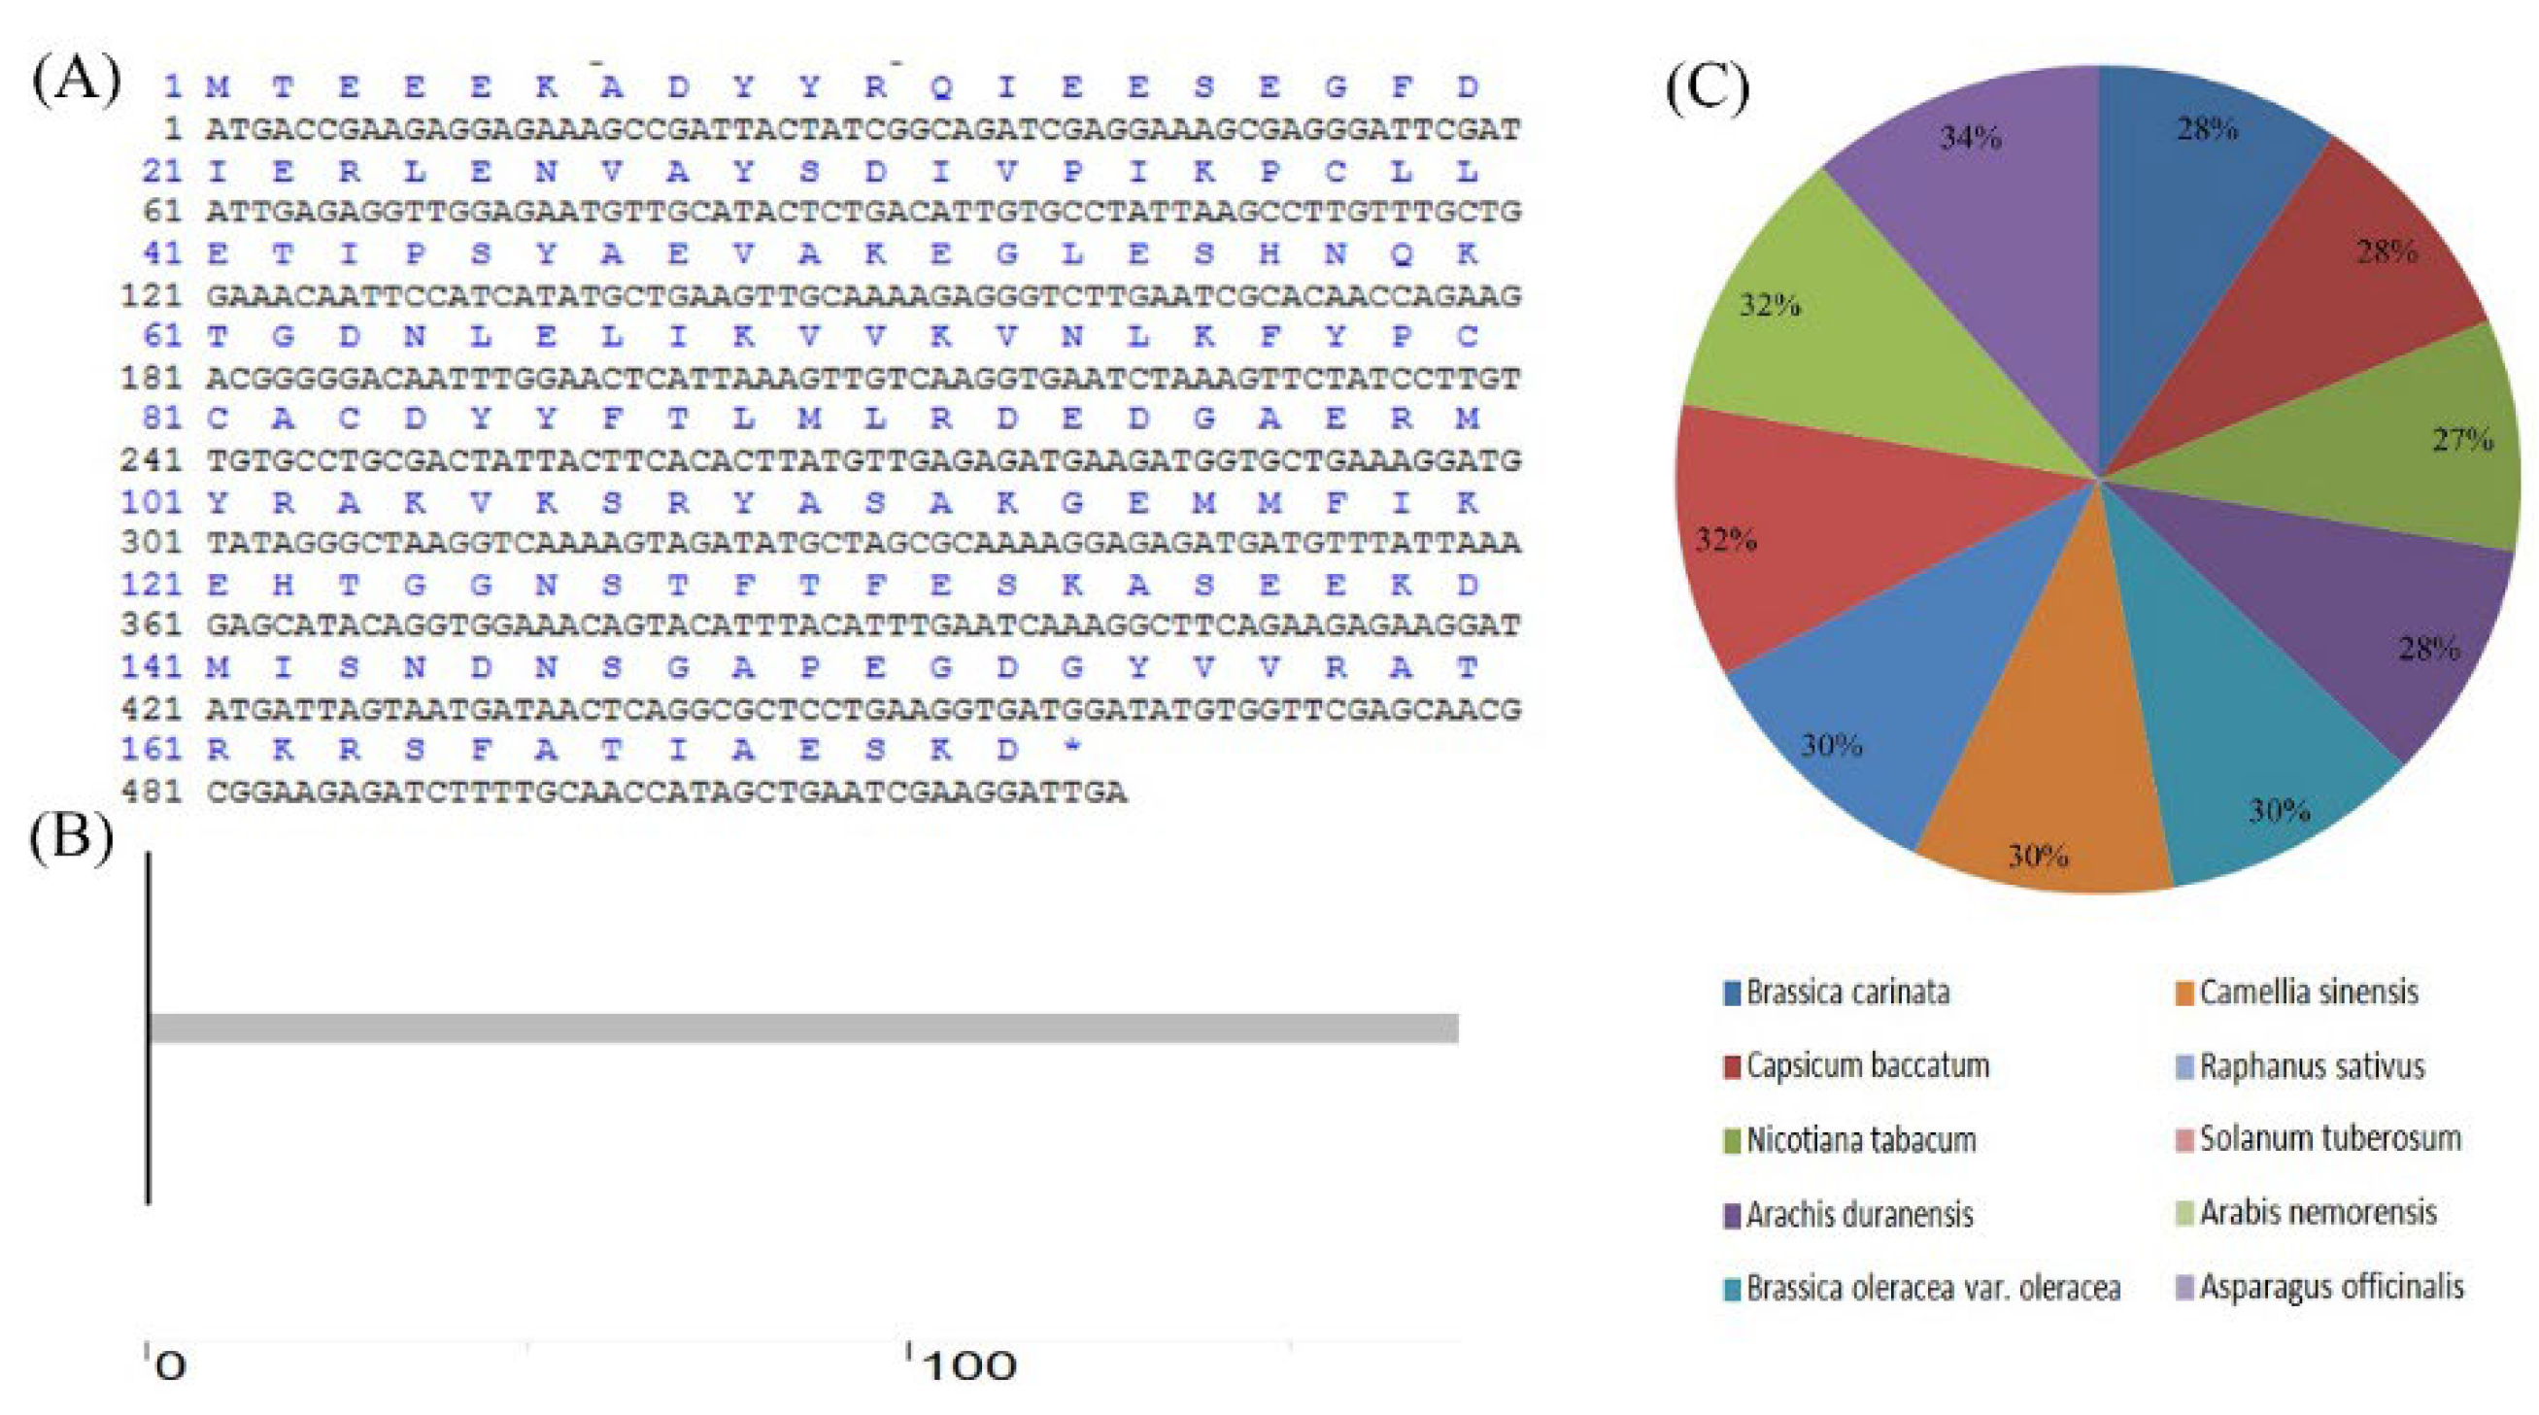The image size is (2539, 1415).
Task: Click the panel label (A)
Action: (77, 81)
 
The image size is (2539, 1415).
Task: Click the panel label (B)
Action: (71, 839)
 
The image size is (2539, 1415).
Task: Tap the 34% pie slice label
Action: (1972, 138)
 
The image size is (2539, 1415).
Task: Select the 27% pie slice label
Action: (2462, 440)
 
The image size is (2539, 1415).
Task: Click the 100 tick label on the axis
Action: (970, 1365)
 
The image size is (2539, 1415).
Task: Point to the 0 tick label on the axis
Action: (171, 1365)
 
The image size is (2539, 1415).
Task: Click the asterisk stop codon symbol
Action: (1072, 748)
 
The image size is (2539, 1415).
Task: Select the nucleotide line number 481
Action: (151, 792)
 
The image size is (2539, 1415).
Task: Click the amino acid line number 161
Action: (151, 749)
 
